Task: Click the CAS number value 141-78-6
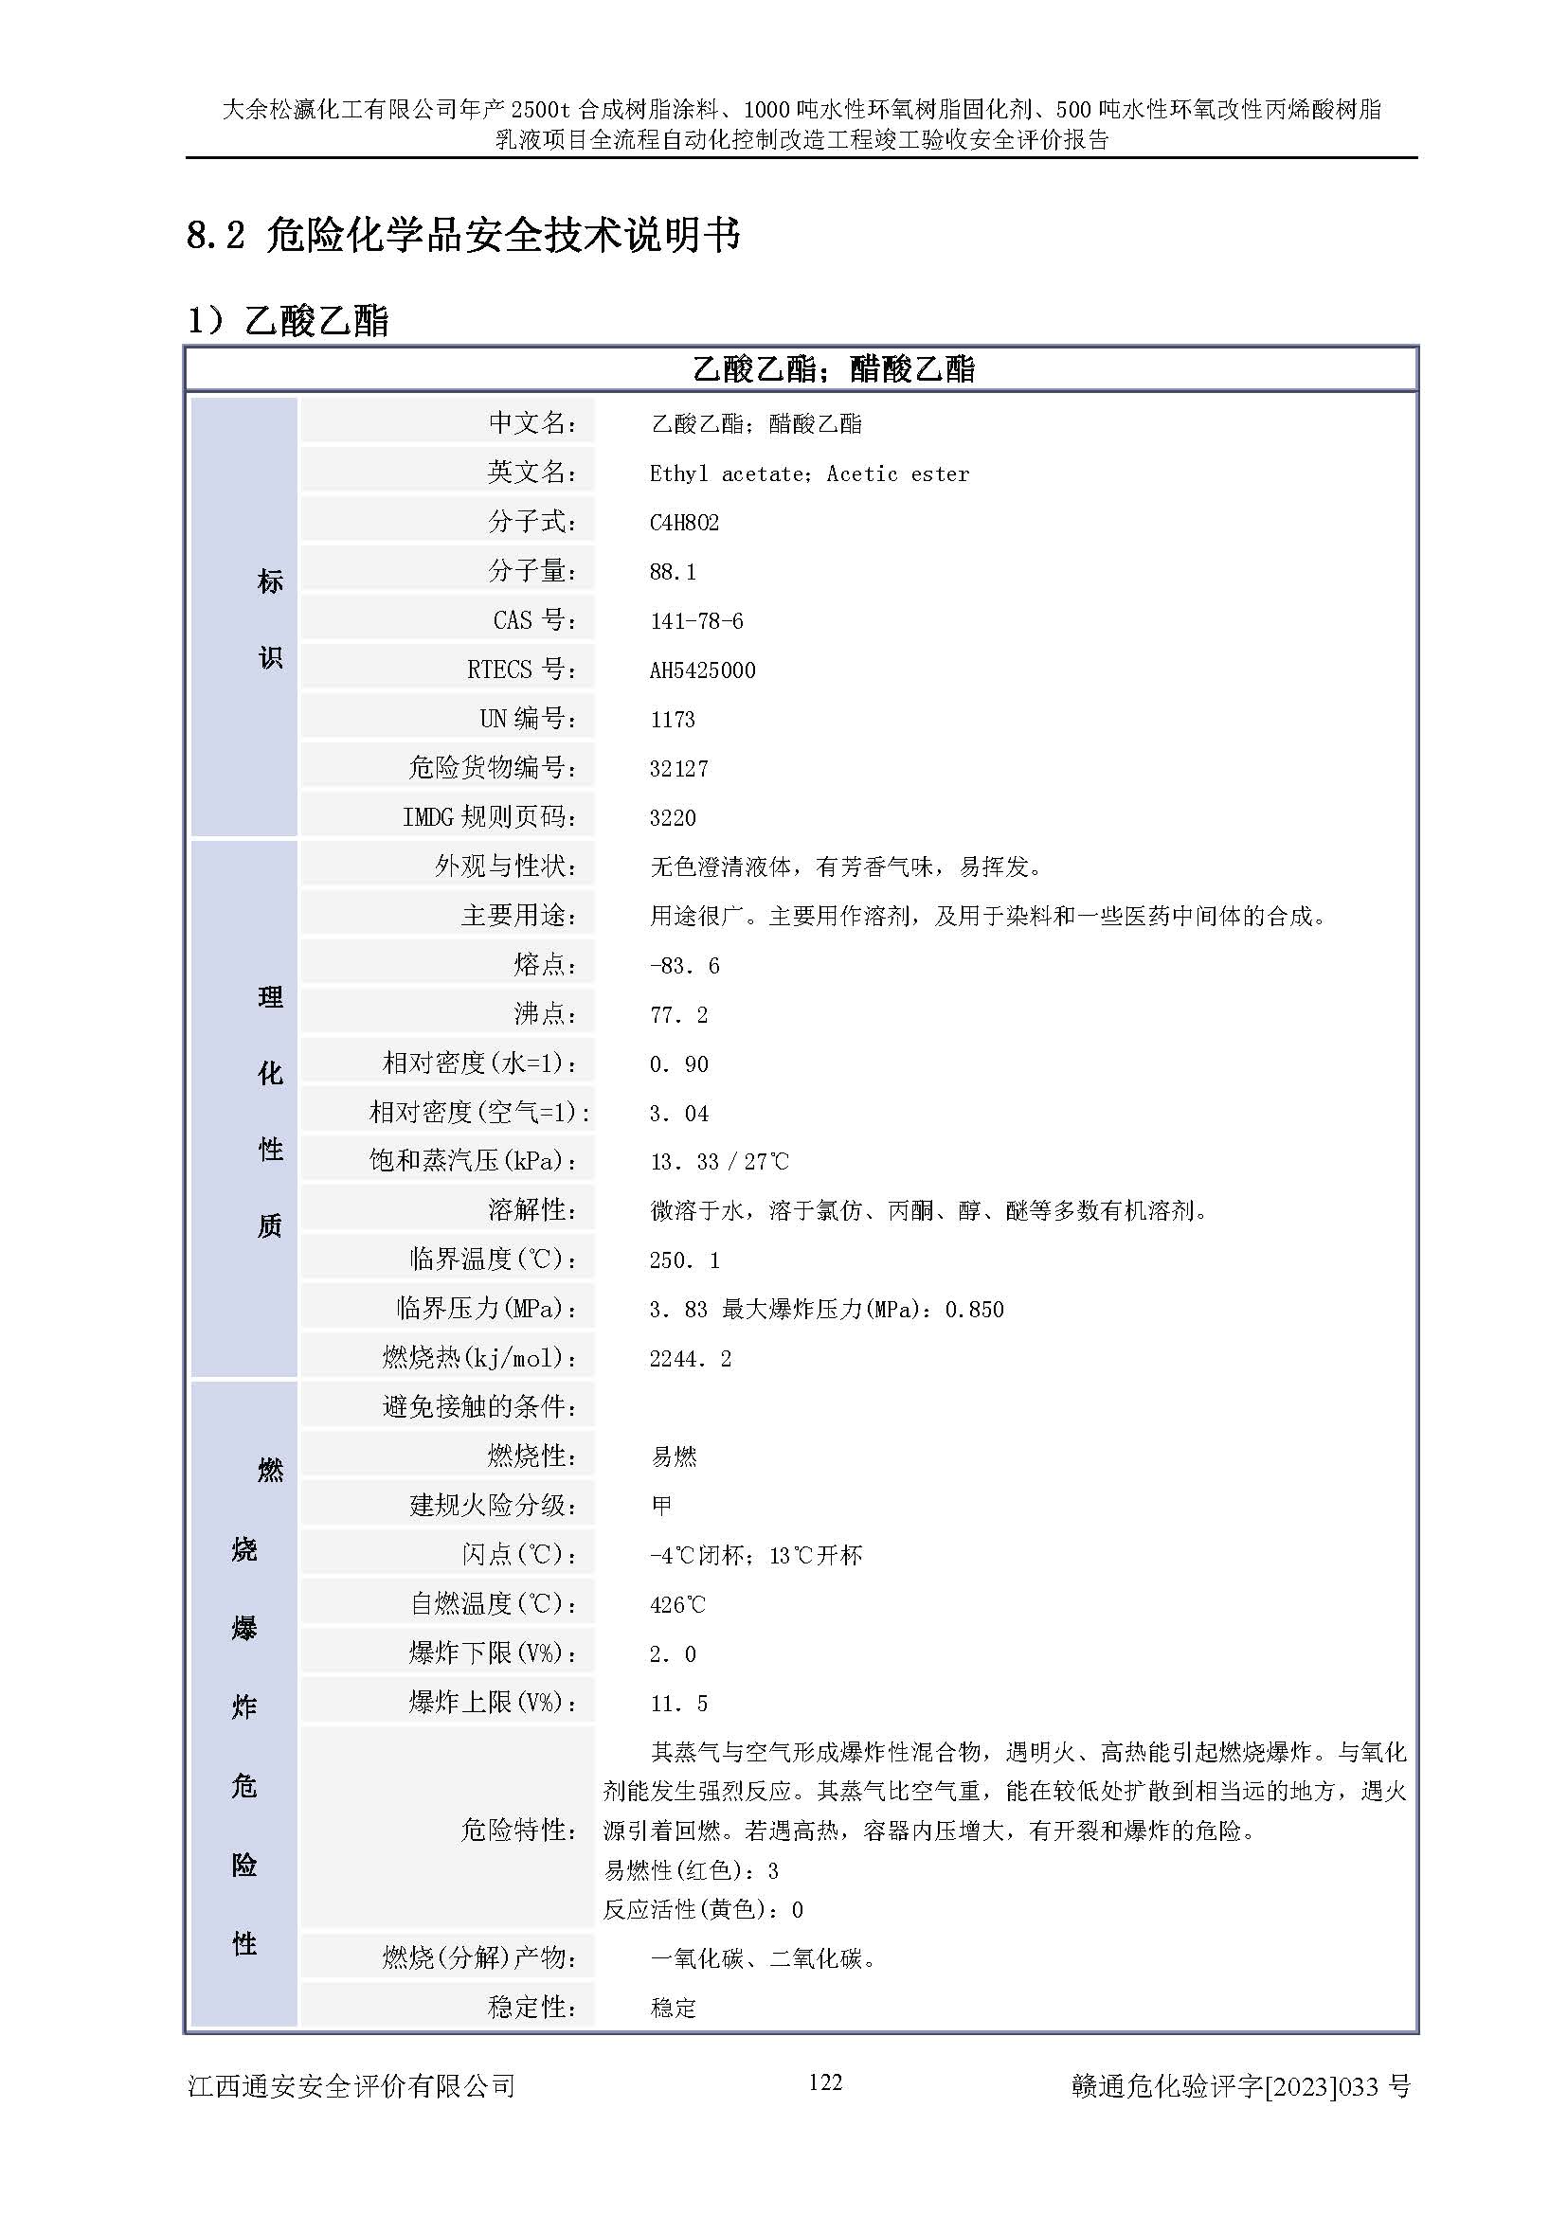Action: click(x=695, y=621)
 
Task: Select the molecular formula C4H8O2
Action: click(x=683, y=523)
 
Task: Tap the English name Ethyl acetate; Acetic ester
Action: click(x=808, y=473)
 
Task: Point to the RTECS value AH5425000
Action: click(x=701, y=670)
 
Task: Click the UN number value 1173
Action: click(x=672, y=720)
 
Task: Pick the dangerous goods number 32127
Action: click(x=678, y=769)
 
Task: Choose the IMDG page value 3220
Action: click(x=672, y=818)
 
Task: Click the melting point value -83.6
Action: click(x=683, y=966)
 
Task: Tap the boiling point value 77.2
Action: click(x=678, y=1015)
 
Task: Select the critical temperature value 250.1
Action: click(x=683, y=1259)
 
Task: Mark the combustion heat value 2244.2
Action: click(x=690, y=1358)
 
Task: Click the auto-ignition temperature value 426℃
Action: click(x=677, y=1604)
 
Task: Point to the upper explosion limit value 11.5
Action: click(x=678, y=1703)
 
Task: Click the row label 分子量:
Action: click(x=531, y=571)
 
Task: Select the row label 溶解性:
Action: click(x=531, y=1209)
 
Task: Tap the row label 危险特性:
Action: click(x=518, y=1830)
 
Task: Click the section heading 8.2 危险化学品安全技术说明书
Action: click(x=463, y=235)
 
